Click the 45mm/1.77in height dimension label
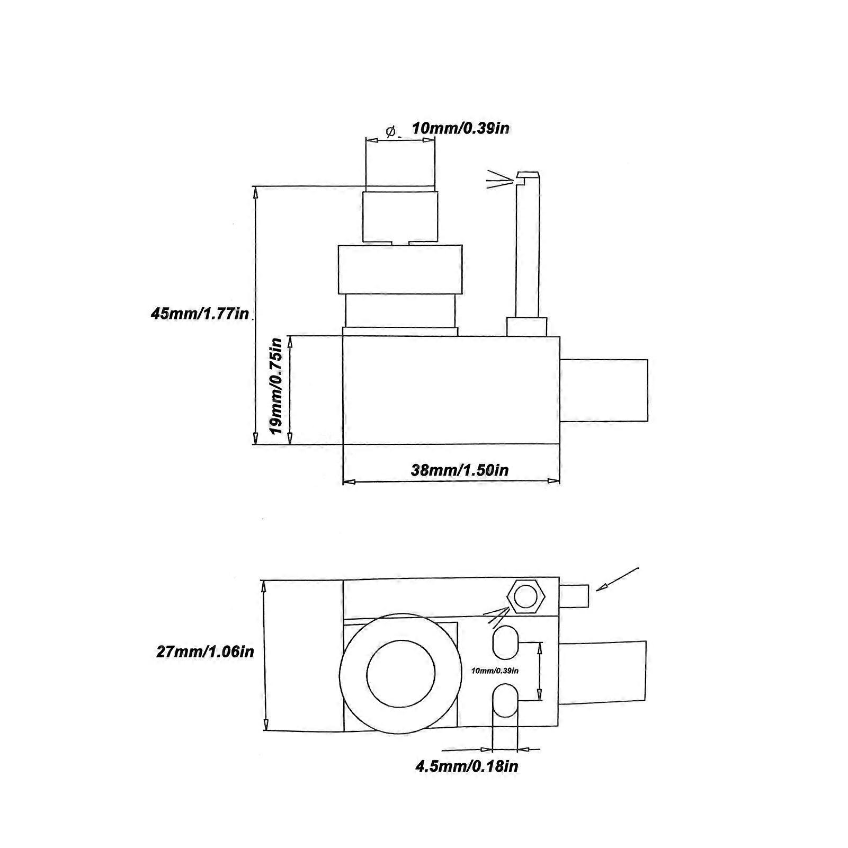[200, 314]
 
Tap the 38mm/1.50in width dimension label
[460, 470]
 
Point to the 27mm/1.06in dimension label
[205, 651]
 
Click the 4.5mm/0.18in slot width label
[467, 766]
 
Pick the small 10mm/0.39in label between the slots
[495, 671]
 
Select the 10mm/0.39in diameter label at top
[461, 128]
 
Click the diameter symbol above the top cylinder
[391, 131]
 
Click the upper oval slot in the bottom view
[506, 642]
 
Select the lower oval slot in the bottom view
[506, 700]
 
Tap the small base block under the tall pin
[526, 326]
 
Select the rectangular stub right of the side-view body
[604, 390]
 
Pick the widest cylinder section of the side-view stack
[400, 269]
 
